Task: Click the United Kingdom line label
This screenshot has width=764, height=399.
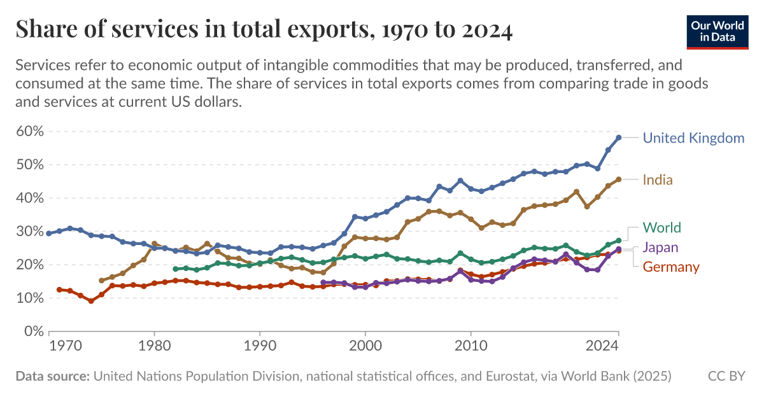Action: click(x=693, y=138)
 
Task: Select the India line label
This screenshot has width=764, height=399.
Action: click(x=658, y=180)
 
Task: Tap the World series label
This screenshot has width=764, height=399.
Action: click(x=661, y=228)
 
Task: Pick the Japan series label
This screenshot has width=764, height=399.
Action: click(x=660, y=248)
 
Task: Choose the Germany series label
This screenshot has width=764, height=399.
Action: click(x=670, y=267)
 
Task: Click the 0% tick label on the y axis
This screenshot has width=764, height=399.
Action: click(x=33, y=332)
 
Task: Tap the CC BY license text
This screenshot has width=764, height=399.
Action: click(x=726, y=377)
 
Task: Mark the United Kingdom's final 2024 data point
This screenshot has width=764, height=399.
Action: click(x=618, y=137)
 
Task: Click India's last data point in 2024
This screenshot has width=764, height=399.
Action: click(x=618, y=179)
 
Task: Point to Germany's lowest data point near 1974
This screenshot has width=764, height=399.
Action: click(x=91, y=301)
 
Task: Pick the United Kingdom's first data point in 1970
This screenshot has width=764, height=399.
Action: click(x=49, y=234)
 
